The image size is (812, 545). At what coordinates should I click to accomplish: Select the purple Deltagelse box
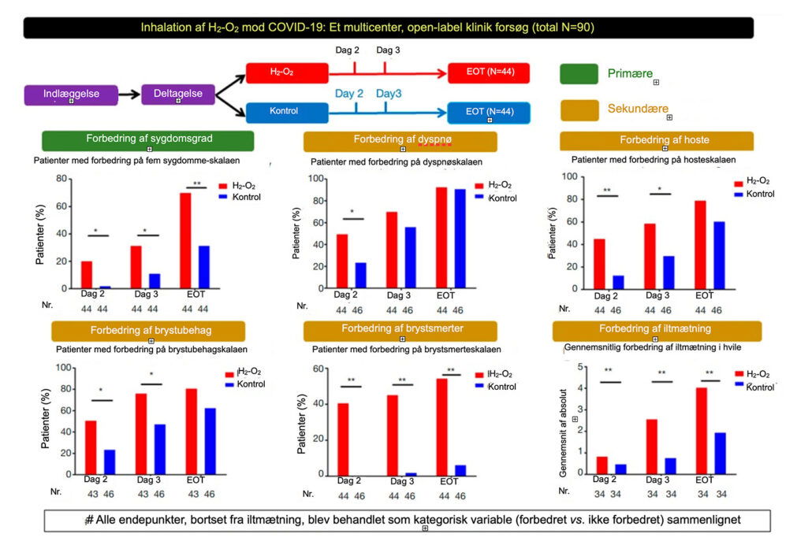tap(178, 95)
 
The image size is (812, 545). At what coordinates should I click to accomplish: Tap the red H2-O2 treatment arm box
tap(285, 72)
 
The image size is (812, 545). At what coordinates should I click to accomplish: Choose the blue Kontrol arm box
tap(285, 112)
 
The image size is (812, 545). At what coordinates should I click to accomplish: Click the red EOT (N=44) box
tap(488, 72)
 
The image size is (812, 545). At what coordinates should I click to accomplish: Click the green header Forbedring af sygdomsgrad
tap(148, 140)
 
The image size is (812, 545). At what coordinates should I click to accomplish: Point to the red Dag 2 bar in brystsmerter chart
tap(342, 439)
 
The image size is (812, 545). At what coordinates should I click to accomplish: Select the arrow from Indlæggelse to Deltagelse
tap(130, 96)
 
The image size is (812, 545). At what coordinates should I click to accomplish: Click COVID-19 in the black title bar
tap(373, 28)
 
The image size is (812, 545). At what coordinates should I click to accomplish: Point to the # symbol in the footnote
tap(89, 521)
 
